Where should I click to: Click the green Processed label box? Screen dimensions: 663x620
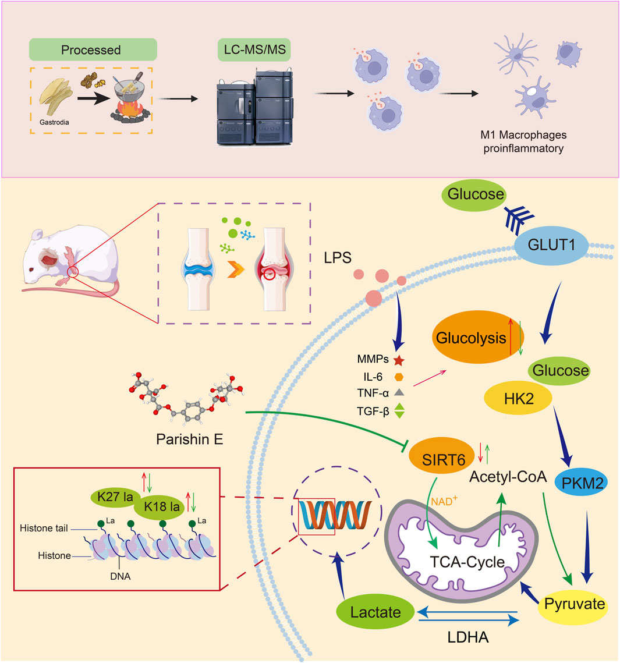point(91,49)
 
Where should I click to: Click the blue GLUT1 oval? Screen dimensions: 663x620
point(548,244)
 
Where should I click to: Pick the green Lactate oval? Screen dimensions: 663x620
point(375,612)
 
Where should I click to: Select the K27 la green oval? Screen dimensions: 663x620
point(115,498)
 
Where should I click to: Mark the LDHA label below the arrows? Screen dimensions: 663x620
point(468,637)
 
